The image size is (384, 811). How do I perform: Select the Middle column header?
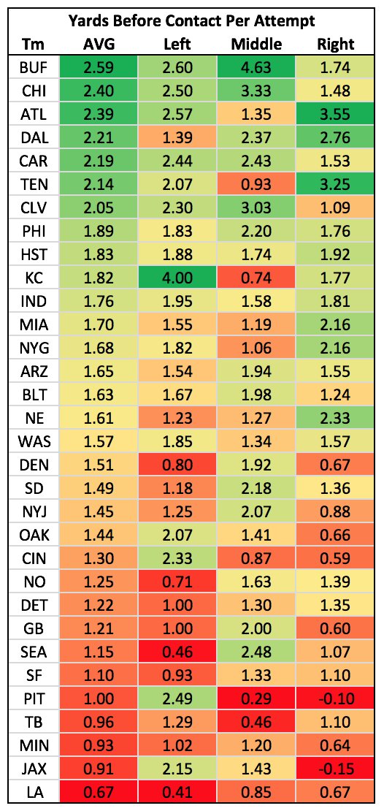click(256, 44)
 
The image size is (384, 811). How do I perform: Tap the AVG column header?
click(99, 44)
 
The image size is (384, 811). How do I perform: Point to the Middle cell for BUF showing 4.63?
click(256, 68)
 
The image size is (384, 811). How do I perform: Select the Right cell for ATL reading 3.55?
click(336, 115)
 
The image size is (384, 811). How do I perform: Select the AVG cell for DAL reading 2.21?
click(99, 138)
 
